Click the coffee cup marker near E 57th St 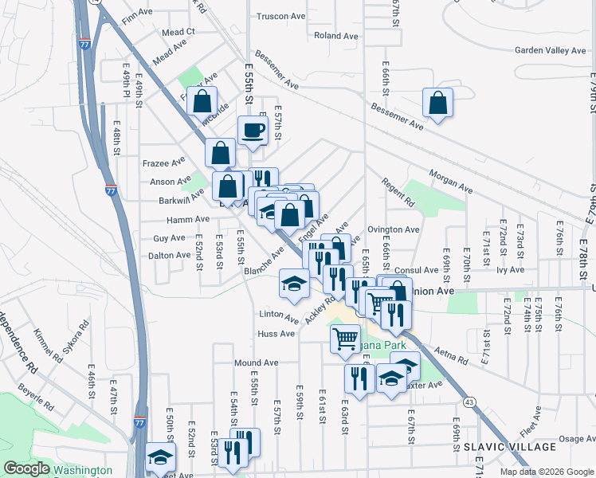[253, 131]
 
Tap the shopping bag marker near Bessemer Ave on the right [437, 104]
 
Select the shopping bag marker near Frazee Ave [220, 153]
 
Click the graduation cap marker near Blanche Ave [293, 283]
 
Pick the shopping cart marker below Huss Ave [345, 338]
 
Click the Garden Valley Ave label [550, 50]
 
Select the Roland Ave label [335, 36]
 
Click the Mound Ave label [256, 362]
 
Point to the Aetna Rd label [450, 356]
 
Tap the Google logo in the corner [27, 469]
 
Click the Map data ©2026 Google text [547, 471]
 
